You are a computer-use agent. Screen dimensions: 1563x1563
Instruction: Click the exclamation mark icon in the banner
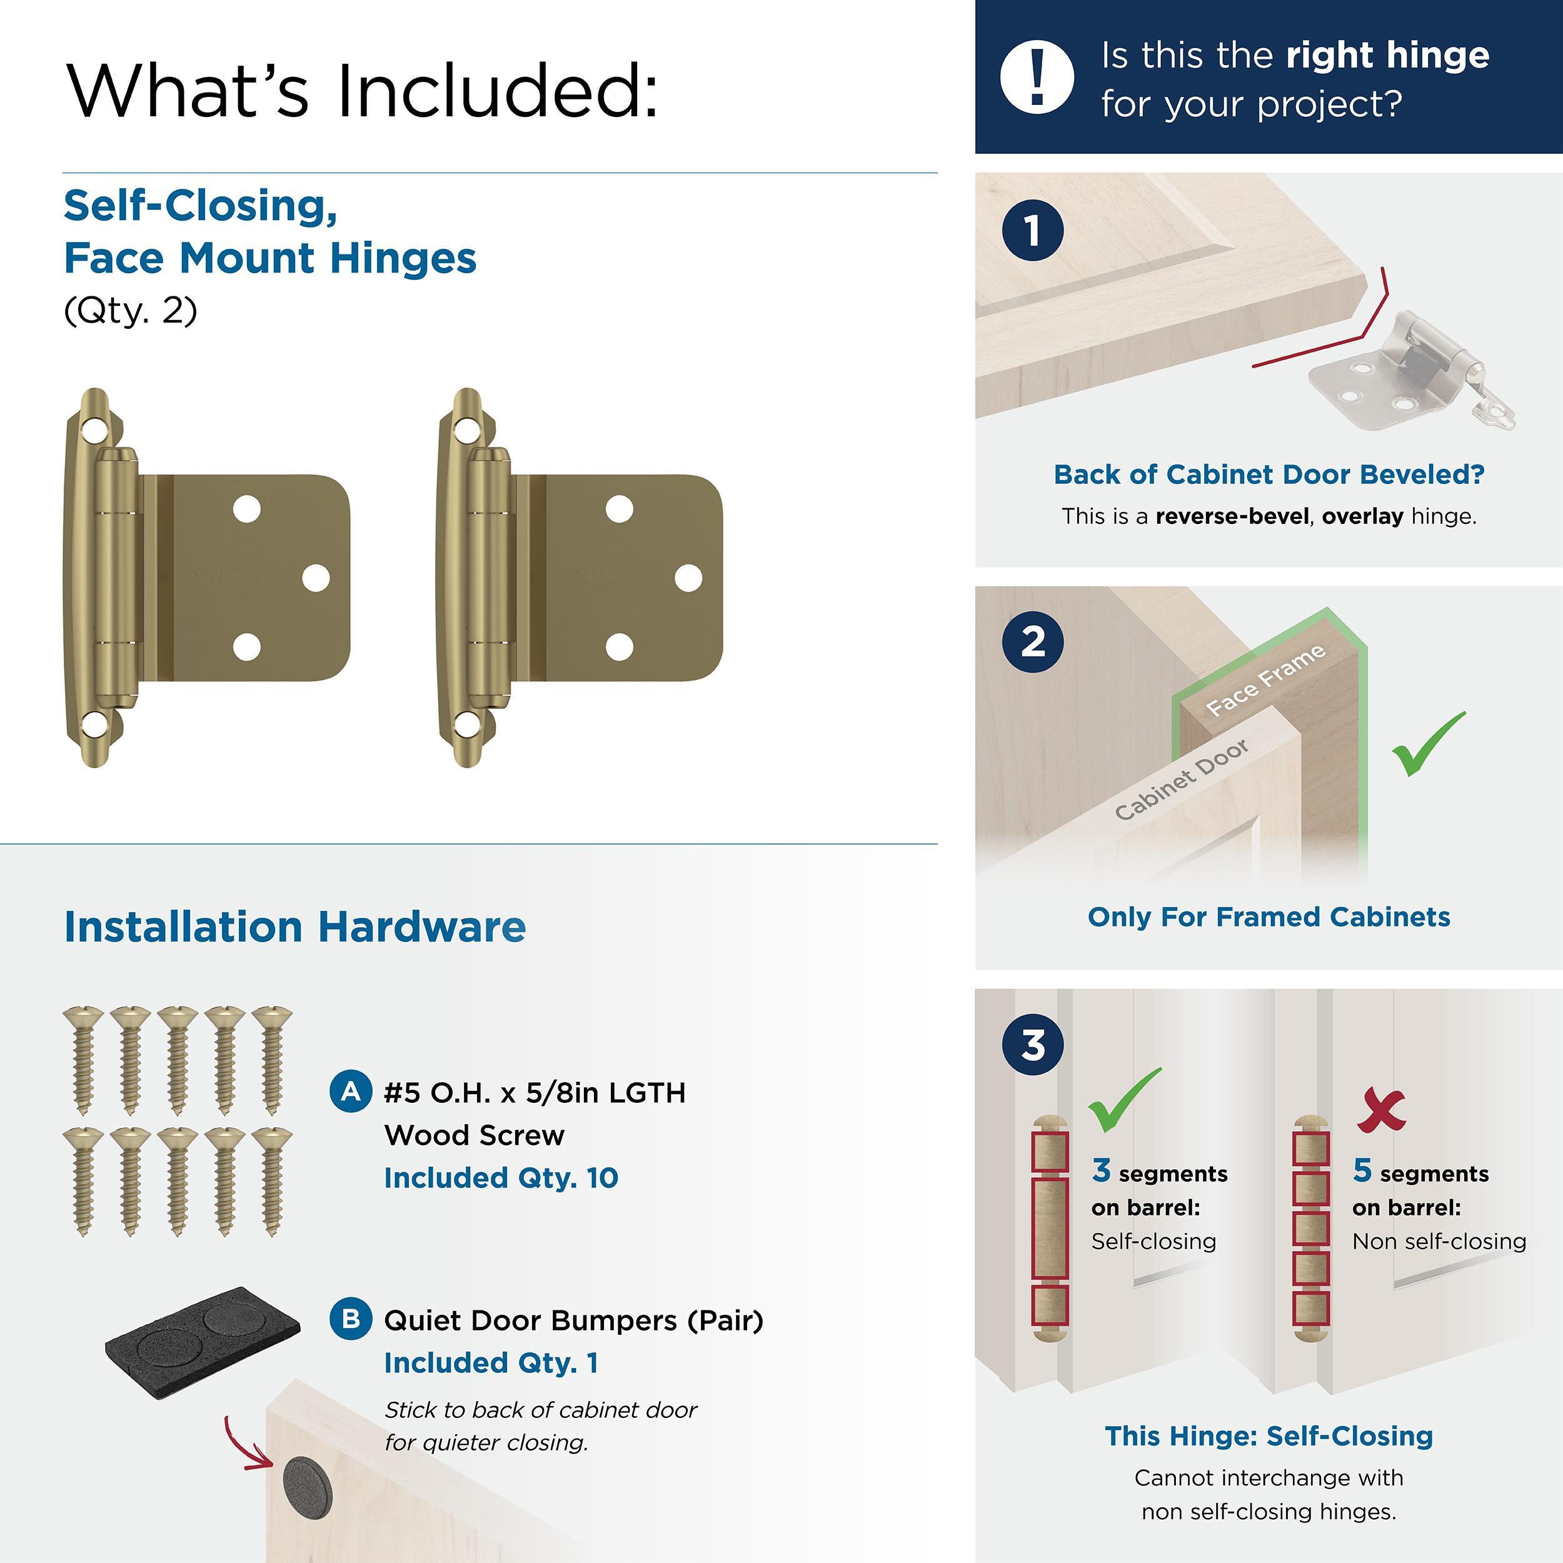(1037, 77)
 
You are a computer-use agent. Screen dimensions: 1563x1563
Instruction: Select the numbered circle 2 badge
(1032, 641)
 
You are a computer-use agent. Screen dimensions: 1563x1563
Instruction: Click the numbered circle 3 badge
(1032, 1045)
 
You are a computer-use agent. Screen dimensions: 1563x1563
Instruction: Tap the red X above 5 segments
(1381, 1111)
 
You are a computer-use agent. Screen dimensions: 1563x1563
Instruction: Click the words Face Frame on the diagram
(1265, 680)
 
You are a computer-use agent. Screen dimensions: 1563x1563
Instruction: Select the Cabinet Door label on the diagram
(1181, 779)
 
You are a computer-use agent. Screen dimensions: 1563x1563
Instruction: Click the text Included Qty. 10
(501, 1177)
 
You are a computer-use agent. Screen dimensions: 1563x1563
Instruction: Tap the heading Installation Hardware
(294, 927)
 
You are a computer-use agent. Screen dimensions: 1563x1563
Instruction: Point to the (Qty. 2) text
(130, 311)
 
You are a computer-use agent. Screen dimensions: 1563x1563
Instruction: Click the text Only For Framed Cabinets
(1269, 917)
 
